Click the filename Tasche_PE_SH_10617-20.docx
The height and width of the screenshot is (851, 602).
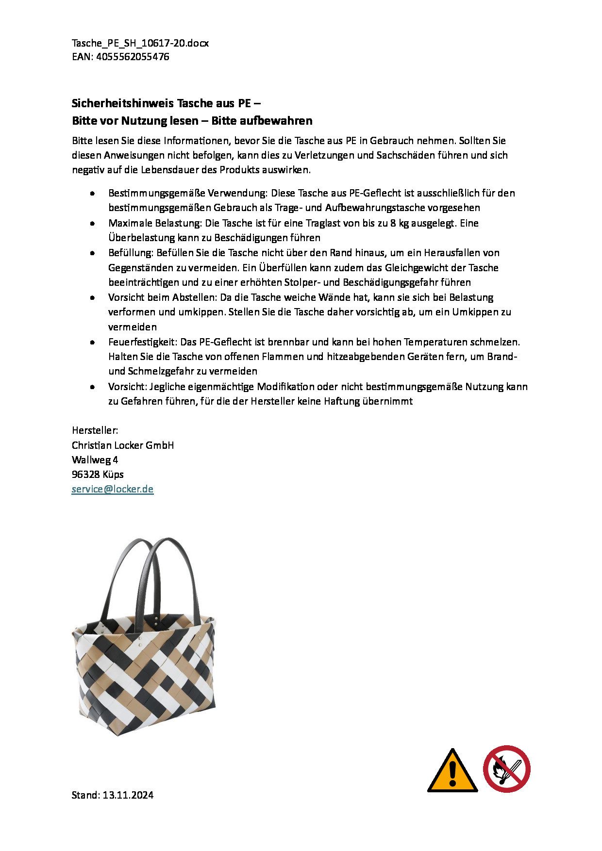140,43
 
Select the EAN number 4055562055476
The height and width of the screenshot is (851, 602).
133,57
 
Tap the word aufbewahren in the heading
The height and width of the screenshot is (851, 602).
279,121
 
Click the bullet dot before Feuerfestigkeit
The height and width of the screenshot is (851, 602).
92,343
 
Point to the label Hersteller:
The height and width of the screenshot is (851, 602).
95,430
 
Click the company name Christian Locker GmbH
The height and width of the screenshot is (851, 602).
123,445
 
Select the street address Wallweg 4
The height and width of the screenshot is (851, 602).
95,460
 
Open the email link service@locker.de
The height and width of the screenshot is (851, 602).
112,489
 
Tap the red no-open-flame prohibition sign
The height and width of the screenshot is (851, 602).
506,769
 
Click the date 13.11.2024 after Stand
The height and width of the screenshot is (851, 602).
128,795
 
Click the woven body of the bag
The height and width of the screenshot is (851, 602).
146,679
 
